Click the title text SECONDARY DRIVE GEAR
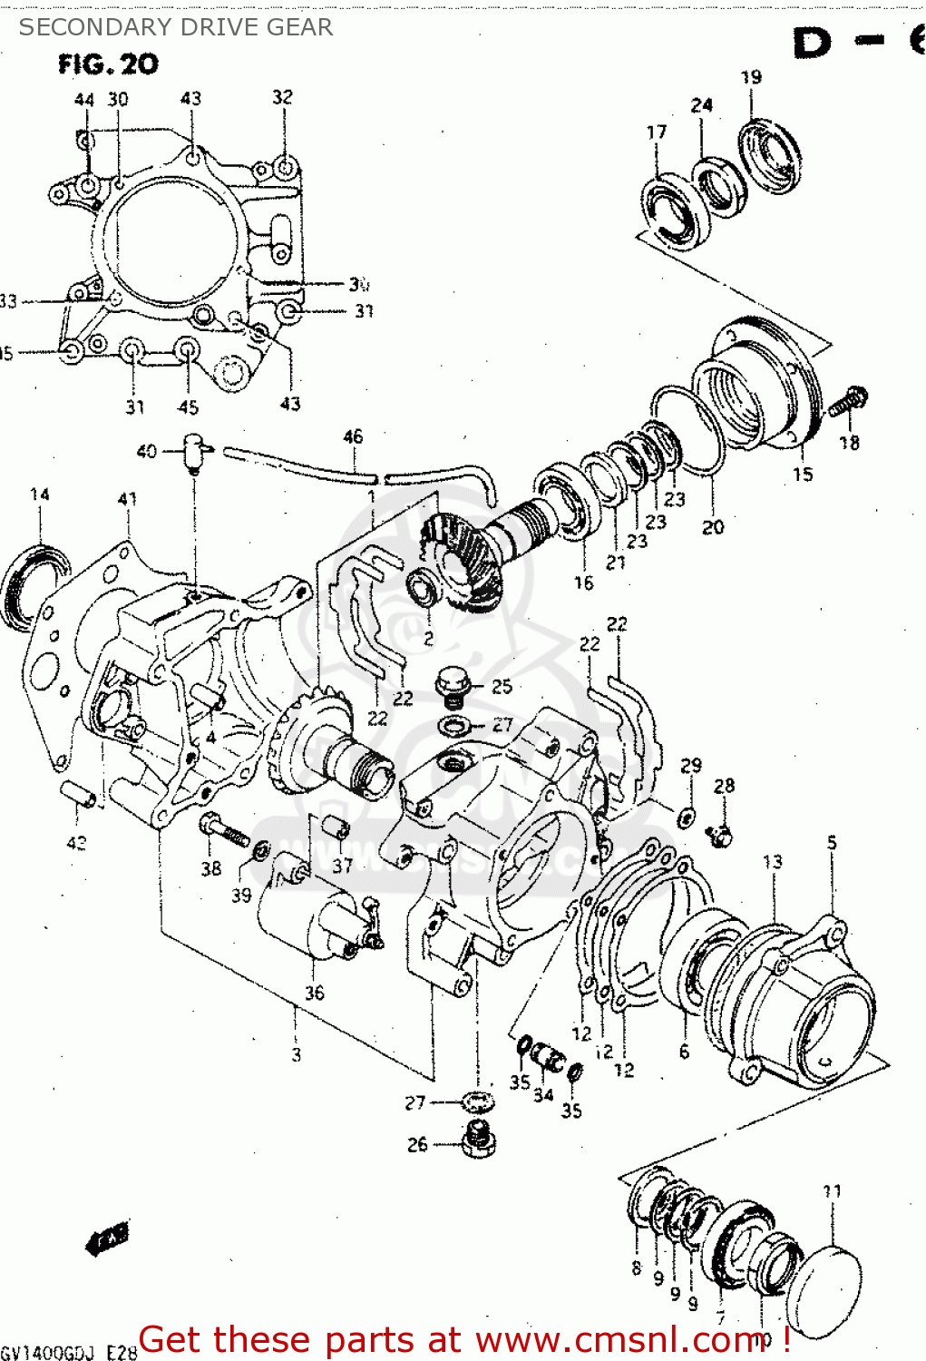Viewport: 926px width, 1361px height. click(176, 27)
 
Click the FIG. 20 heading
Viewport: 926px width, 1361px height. click(108, 64)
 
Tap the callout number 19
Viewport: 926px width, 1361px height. click(751, 77)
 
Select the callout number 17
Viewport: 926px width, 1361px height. click(656, 132)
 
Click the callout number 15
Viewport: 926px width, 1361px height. click(803, 474)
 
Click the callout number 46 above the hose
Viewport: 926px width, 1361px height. click(353, 436)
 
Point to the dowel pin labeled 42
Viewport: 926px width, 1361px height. click(78, 793)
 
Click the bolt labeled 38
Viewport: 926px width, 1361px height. click(222, 829)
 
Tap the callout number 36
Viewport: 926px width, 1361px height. click(314, 993)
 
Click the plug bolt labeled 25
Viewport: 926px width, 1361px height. click(452, 685)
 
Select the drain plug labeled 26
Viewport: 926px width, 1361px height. click(478, 1140)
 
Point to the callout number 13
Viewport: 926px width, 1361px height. click(772, 861)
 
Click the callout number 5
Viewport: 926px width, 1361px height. click(832, 843)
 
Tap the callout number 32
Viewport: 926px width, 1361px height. click(283, 97)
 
